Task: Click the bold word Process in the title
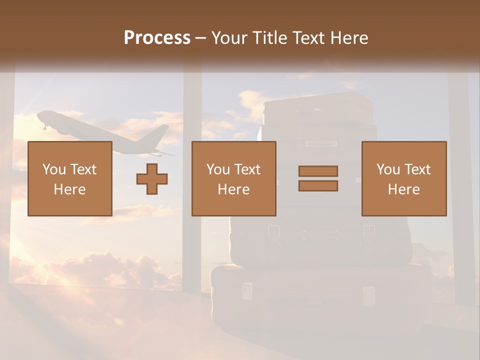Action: click(x=157, y=38)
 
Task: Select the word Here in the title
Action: click(x=349, y=38)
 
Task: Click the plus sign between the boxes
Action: click(x=152, y=179)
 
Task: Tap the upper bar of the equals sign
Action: click(x=318, y=171)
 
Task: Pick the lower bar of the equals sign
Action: click(x=318, y=186)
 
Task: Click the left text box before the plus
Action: click(x=69, y=178)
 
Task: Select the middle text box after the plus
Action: click(x=233, y=178)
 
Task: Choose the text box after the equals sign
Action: click(x=403, y=178)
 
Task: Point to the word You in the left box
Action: click(x=54, y=169)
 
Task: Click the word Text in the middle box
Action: click(x=247, y=169)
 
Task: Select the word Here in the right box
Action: click(x=403, y=189)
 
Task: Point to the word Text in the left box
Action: click(x=83, y=169)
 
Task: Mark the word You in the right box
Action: click(x=388, y=169)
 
